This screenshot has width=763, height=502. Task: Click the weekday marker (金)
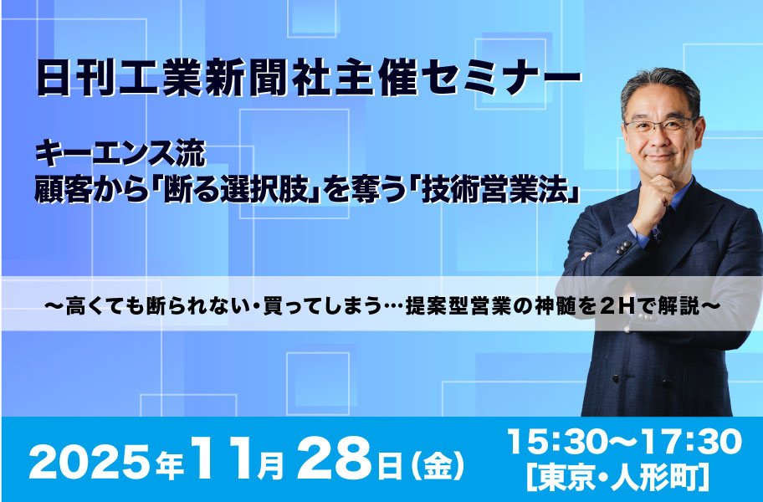pyautogui.click(x=438, y=464)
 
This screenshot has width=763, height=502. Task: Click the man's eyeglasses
pyautogui.click(x=661, y=125)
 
